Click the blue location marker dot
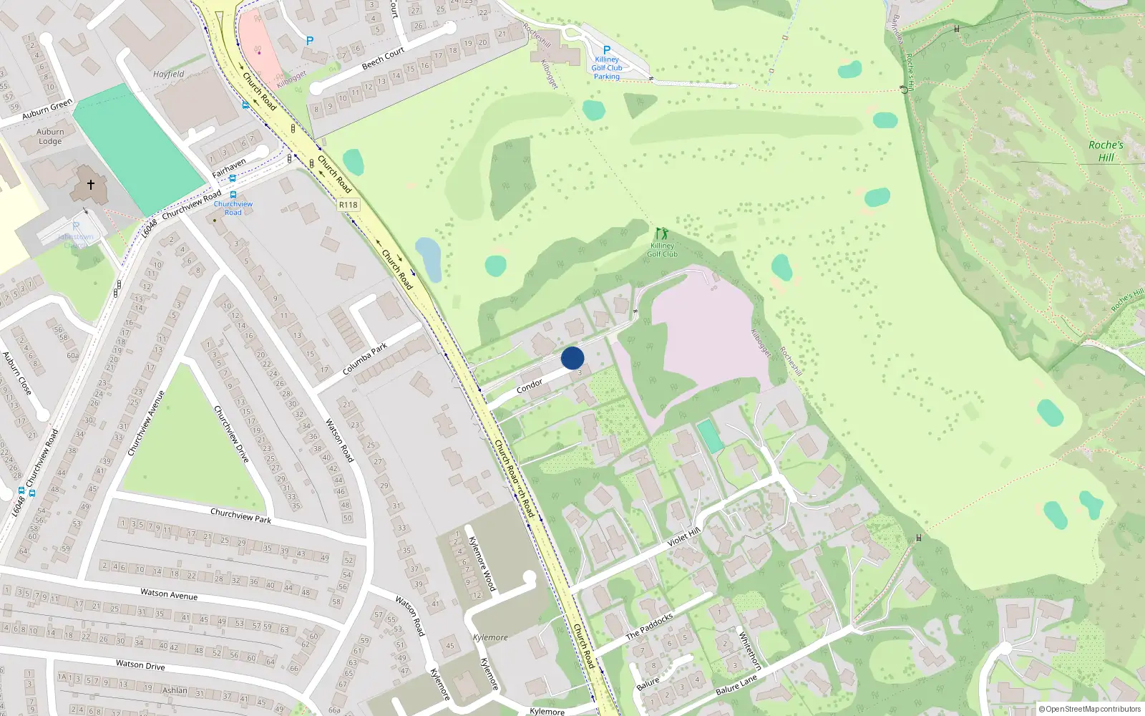click(572, 358)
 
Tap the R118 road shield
click(349, 205)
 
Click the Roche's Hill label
click(1106, 151)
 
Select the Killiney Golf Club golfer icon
click(662, 234)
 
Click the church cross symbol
click(91, 185)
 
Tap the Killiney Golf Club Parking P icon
click(607, 50)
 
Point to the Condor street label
click(530, 387)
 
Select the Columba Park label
click(365, 359)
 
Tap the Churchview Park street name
click(240, 516)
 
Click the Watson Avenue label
click(169, 594)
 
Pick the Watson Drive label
click(140, 665)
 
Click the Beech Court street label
click(383, 59)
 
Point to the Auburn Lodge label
click(50, 137)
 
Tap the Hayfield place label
click(169, 74)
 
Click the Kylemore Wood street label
click(482, 563)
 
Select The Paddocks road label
click(649, 626)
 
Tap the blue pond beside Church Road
click(429, 258)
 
